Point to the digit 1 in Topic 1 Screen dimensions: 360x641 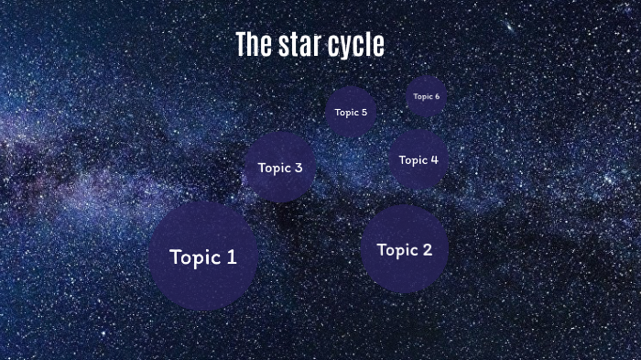232,257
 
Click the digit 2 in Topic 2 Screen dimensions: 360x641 426,249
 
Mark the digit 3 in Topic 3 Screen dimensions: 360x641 299,168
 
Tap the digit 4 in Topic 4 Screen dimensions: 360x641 434,160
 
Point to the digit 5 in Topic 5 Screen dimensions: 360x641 364,113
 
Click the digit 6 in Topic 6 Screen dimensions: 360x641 437,96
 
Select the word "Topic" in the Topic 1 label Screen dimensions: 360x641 195,257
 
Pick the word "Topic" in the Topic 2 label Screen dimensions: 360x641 397,249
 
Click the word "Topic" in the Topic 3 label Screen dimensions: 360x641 274,168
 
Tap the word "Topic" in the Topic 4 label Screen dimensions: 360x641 412,160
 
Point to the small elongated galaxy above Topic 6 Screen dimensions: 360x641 509,27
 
